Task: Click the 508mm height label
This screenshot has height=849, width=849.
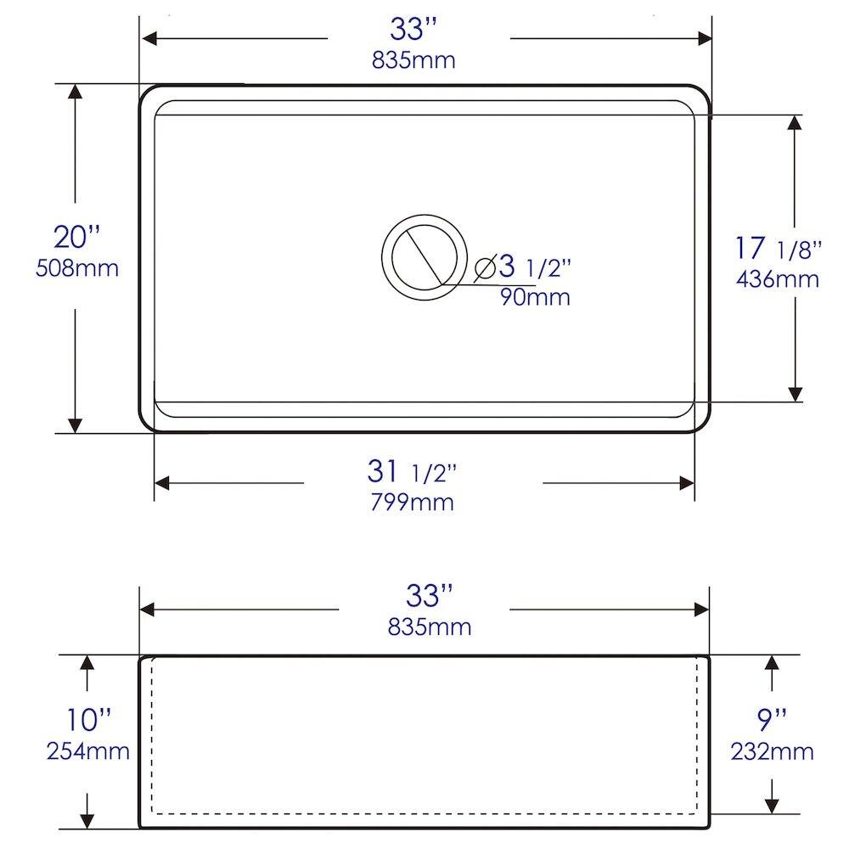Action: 77,268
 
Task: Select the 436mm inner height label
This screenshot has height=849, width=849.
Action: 778,278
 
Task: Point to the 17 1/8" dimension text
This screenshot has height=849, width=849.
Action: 778,248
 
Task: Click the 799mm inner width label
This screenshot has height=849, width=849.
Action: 412,502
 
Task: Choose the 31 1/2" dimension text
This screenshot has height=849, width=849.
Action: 413,469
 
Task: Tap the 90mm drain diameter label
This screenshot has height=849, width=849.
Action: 534,297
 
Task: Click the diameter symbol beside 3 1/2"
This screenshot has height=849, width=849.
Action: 486,267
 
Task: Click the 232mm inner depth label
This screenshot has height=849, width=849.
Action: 772,751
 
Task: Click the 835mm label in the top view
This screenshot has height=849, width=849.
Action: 413,60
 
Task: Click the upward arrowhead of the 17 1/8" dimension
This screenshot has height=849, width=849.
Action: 795,122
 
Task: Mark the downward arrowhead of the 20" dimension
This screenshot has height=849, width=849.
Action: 76,424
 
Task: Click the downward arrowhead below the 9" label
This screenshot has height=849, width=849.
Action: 772,805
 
